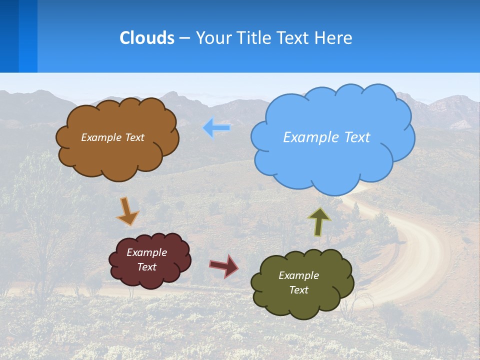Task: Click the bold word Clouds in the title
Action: pos(146,37)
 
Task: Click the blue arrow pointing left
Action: pos(216,128)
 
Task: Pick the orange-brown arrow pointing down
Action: pos(127,211)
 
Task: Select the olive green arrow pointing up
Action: pos(319,221)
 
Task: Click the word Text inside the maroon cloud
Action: pos(147,267)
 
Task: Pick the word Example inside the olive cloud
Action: pos(298,275)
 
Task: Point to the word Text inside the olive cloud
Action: pos(298,290)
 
